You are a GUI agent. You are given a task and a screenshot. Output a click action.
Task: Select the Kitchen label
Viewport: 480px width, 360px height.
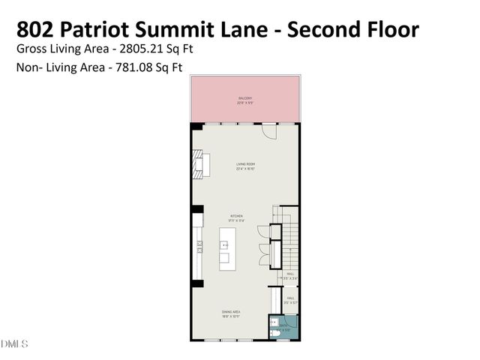(x=236, y=217)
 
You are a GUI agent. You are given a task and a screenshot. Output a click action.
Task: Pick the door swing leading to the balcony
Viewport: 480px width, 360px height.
(x=267, y=130)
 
